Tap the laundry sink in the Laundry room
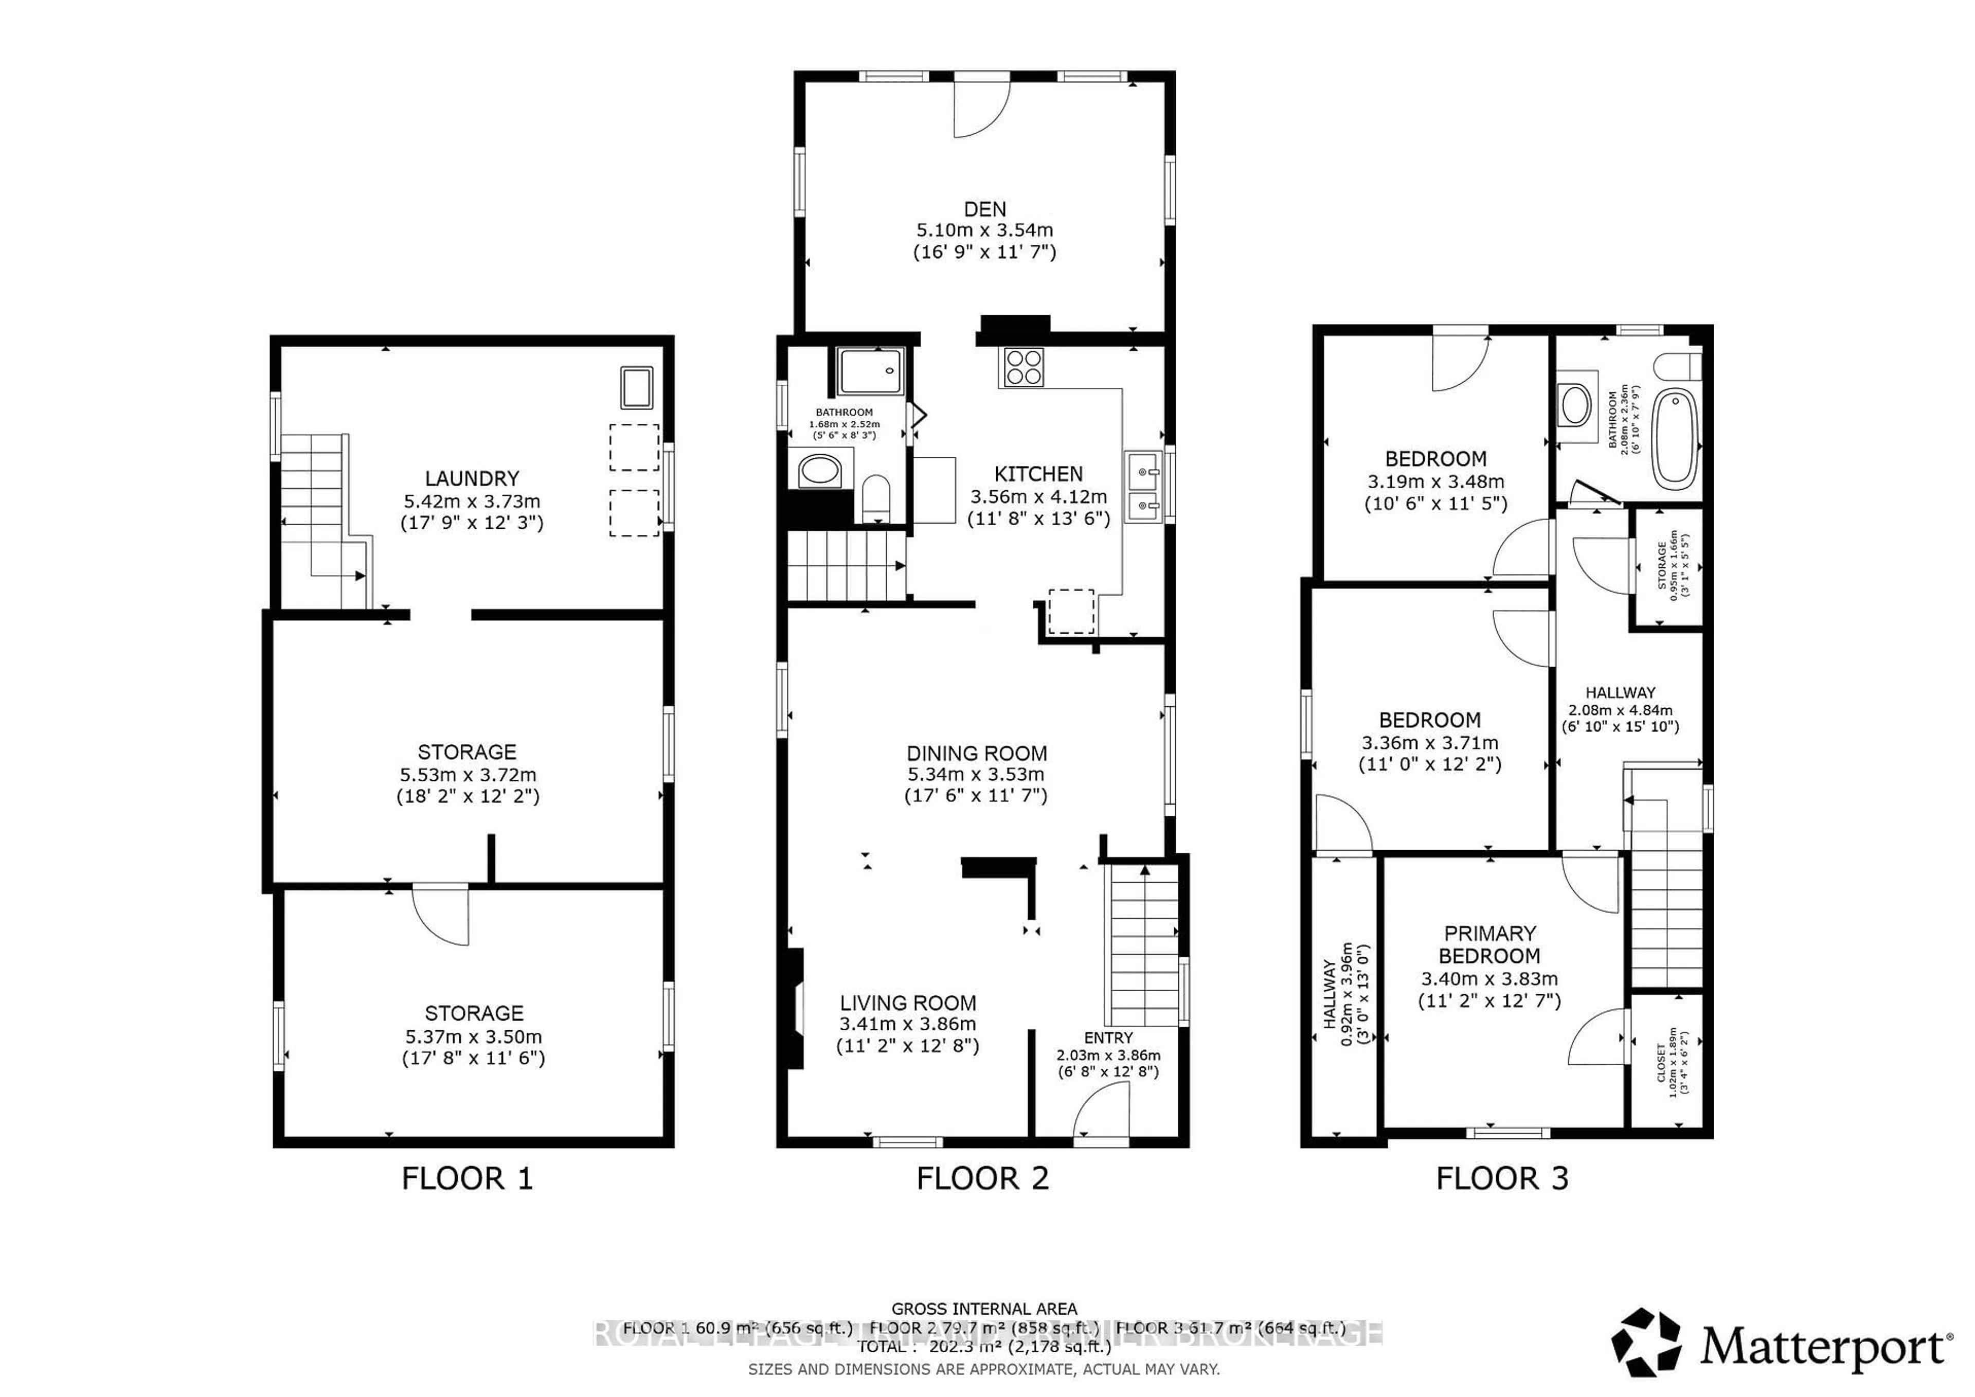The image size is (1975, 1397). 637,387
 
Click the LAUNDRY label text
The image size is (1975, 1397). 472,478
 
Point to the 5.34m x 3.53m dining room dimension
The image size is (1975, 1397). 976,774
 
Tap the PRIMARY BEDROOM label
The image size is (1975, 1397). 1489,944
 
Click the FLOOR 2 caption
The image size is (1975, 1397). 982,1178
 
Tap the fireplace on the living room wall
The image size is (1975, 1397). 792,1008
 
